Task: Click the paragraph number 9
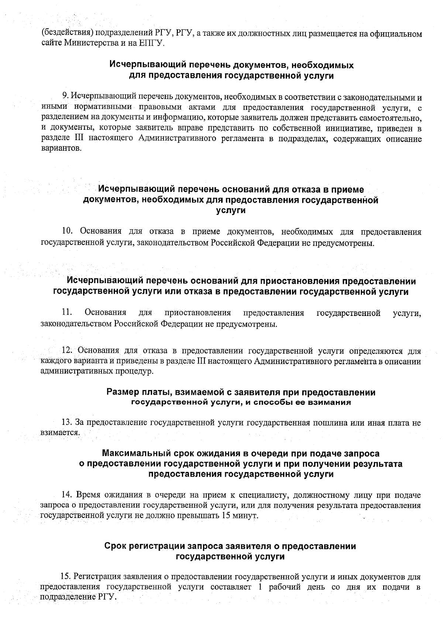point(65,97)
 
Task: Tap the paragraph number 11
point(66,313)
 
